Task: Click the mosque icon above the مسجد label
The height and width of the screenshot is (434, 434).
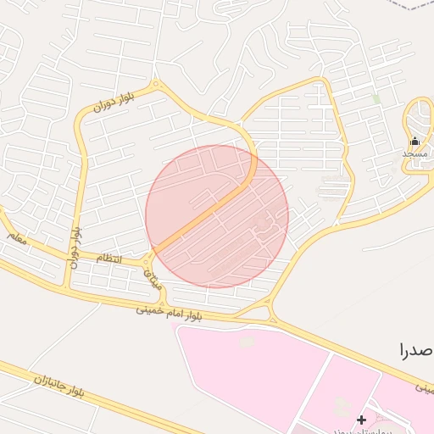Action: point(415,142)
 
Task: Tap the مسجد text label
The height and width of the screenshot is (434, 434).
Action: point(415,154)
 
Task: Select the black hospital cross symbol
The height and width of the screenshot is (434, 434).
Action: point(362,420)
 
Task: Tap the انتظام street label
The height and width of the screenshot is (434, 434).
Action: point(108,258)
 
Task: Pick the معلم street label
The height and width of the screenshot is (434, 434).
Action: point(18,239)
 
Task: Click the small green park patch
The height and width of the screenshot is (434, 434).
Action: point(376,99)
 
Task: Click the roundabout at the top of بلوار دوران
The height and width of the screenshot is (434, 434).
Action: point(156,84)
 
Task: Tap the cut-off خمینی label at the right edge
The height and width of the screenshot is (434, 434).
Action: point(423,387)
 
